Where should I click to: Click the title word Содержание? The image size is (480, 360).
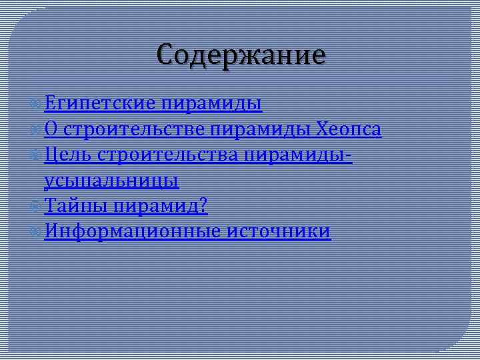tap(241, 55)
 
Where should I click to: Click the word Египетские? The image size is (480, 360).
tap(100, 103)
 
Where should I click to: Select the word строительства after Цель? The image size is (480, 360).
tap(167, 155)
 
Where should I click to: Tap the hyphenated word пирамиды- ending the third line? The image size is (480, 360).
tap(299, 155)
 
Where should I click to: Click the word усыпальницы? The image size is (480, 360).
tap(111, 180)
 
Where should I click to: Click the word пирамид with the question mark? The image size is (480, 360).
tap(160, 206)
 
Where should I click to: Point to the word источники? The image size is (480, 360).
tap(279, 231)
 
